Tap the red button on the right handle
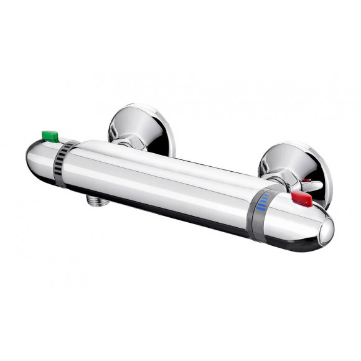pos(301,199)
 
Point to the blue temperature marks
pos(265,201)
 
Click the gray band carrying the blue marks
pos(260,212)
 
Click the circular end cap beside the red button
pos(326,232)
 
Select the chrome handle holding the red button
pos(299,221)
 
